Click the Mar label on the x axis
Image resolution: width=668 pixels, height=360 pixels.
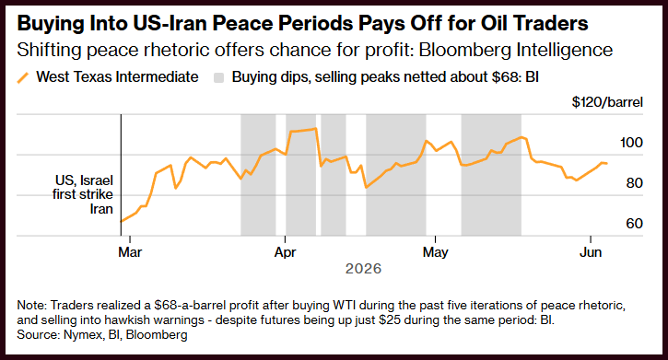pyautogui.click(x=130, y=252)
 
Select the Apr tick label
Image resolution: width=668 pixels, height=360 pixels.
pyautogui.click(x=285, y=252)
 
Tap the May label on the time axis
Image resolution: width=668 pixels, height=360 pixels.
pyautogui.click(x=436, y=252)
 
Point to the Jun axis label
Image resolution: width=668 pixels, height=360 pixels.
pyautogui.click(x=591, y=252)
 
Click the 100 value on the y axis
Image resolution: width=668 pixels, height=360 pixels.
pyautogui.click(x=631, y=143)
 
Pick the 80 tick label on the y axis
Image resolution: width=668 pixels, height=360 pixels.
pyautogui.click(x=634, y=183)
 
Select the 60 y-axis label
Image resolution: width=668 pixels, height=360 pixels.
pyautogui.click(x=634, y=224)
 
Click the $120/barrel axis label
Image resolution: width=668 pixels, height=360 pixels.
pyautogui.click(x=607, y=102)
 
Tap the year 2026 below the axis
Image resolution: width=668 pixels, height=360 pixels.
pyautogui.click(x=363, y=269)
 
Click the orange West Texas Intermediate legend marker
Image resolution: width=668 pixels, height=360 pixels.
pyautogui.click(x=23, y=78)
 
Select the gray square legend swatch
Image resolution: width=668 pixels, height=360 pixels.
pyautogui.click(x=218, y=78)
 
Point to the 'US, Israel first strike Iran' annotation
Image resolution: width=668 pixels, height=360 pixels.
pyautogui.click(x=83, y=194)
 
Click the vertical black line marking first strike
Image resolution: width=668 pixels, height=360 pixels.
pyautogui.click(x=121, y=175)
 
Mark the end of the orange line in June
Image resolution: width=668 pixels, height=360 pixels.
pyautogui.click(x=607, y=163)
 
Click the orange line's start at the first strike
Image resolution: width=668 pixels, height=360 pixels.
pyautogui.click(x=122, y=221)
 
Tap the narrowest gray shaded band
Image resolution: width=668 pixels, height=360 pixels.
pyautogui.click(x=334, y=175)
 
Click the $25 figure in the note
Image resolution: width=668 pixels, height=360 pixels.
pyautogui.click(x=391, y=319)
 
